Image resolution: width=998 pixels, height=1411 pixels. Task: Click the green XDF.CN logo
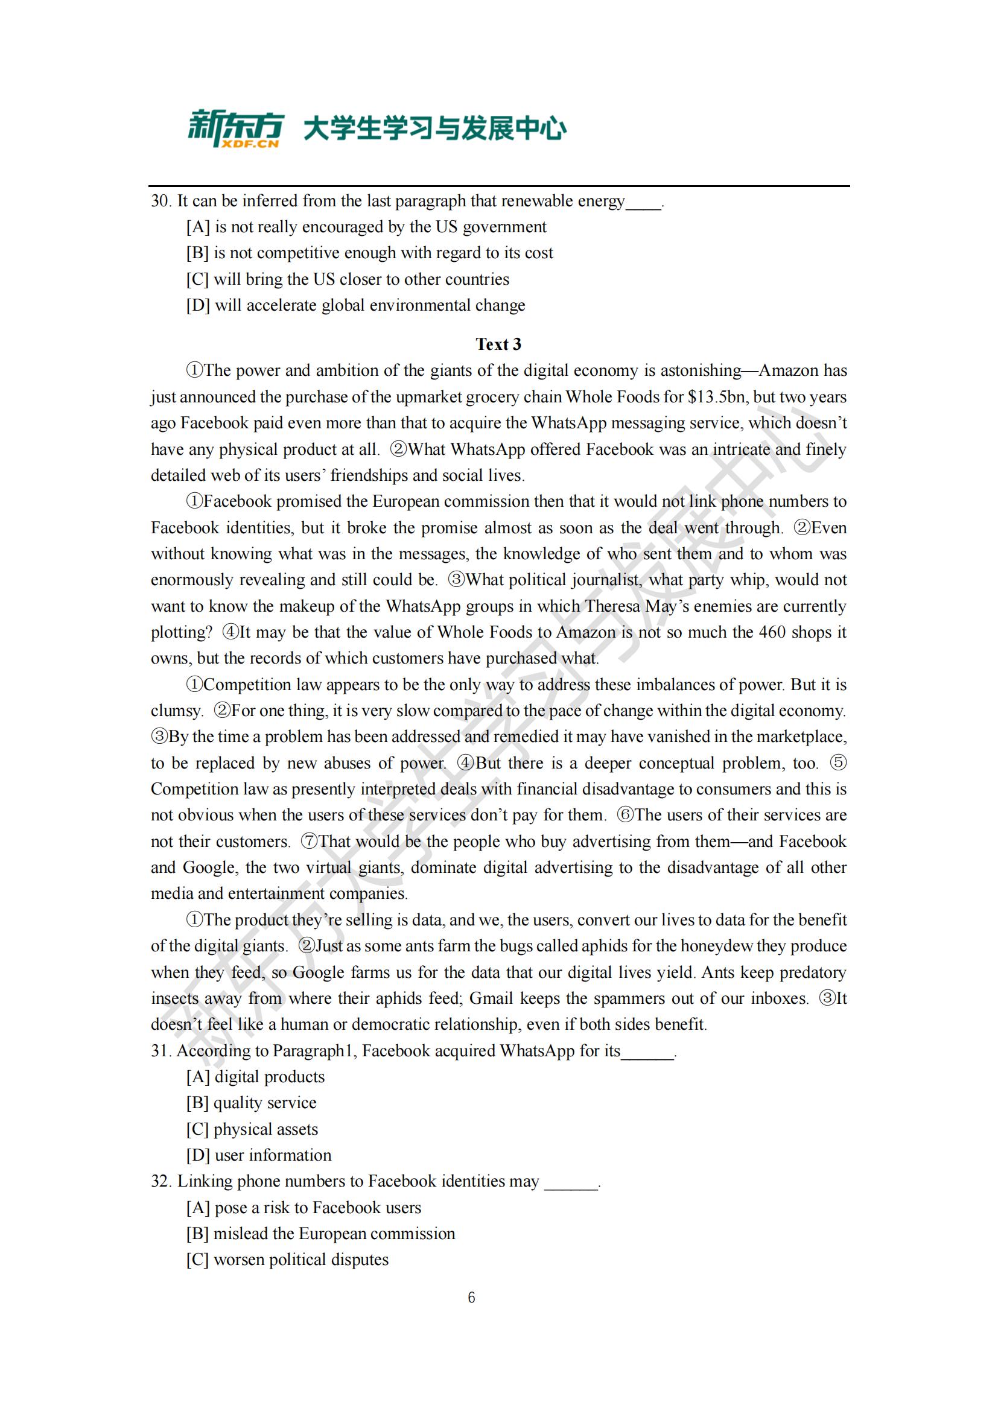[x=236, y=128]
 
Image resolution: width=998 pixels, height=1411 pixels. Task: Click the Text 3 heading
[x=498, y=344]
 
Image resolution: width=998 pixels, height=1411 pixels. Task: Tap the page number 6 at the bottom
[x=471, y=1298]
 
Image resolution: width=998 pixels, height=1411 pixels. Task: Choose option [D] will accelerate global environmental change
[x=356, y=305]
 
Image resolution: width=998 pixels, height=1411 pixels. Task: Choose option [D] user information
[x=259, y=1155]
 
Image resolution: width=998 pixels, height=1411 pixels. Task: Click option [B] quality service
[x=252, y=1103]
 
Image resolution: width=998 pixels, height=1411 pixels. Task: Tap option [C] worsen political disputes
[x=288, y=1260]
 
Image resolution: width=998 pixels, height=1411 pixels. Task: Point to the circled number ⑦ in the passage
[x=309, y=842]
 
